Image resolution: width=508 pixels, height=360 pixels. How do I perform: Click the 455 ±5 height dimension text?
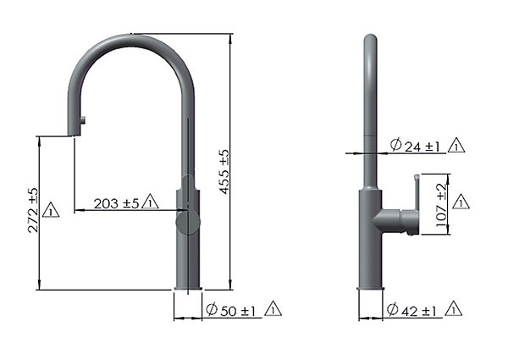click(x=224, y=172)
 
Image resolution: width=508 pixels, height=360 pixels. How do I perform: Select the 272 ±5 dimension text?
click(x=33, y=210)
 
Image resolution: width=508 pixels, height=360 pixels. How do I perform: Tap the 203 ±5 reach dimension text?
click(x=116, y=204)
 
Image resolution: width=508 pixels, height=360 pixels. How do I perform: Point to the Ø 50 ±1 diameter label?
click(x=231, y=310)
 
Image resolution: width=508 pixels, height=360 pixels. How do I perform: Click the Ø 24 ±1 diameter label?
click(x=415, y=146)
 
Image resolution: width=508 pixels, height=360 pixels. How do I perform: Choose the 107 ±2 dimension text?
click(x=441, y=205)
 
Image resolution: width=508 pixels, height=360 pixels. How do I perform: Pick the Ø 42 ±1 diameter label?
click(x=411, y=310)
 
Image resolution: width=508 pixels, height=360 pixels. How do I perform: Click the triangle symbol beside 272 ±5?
click(x=51, y=210)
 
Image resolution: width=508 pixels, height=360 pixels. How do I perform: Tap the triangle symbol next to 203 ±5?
click(x=150, y=202)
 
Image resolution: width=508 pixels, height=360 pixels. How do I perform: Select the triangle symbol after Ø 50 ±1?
click(x=273, y=308)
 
